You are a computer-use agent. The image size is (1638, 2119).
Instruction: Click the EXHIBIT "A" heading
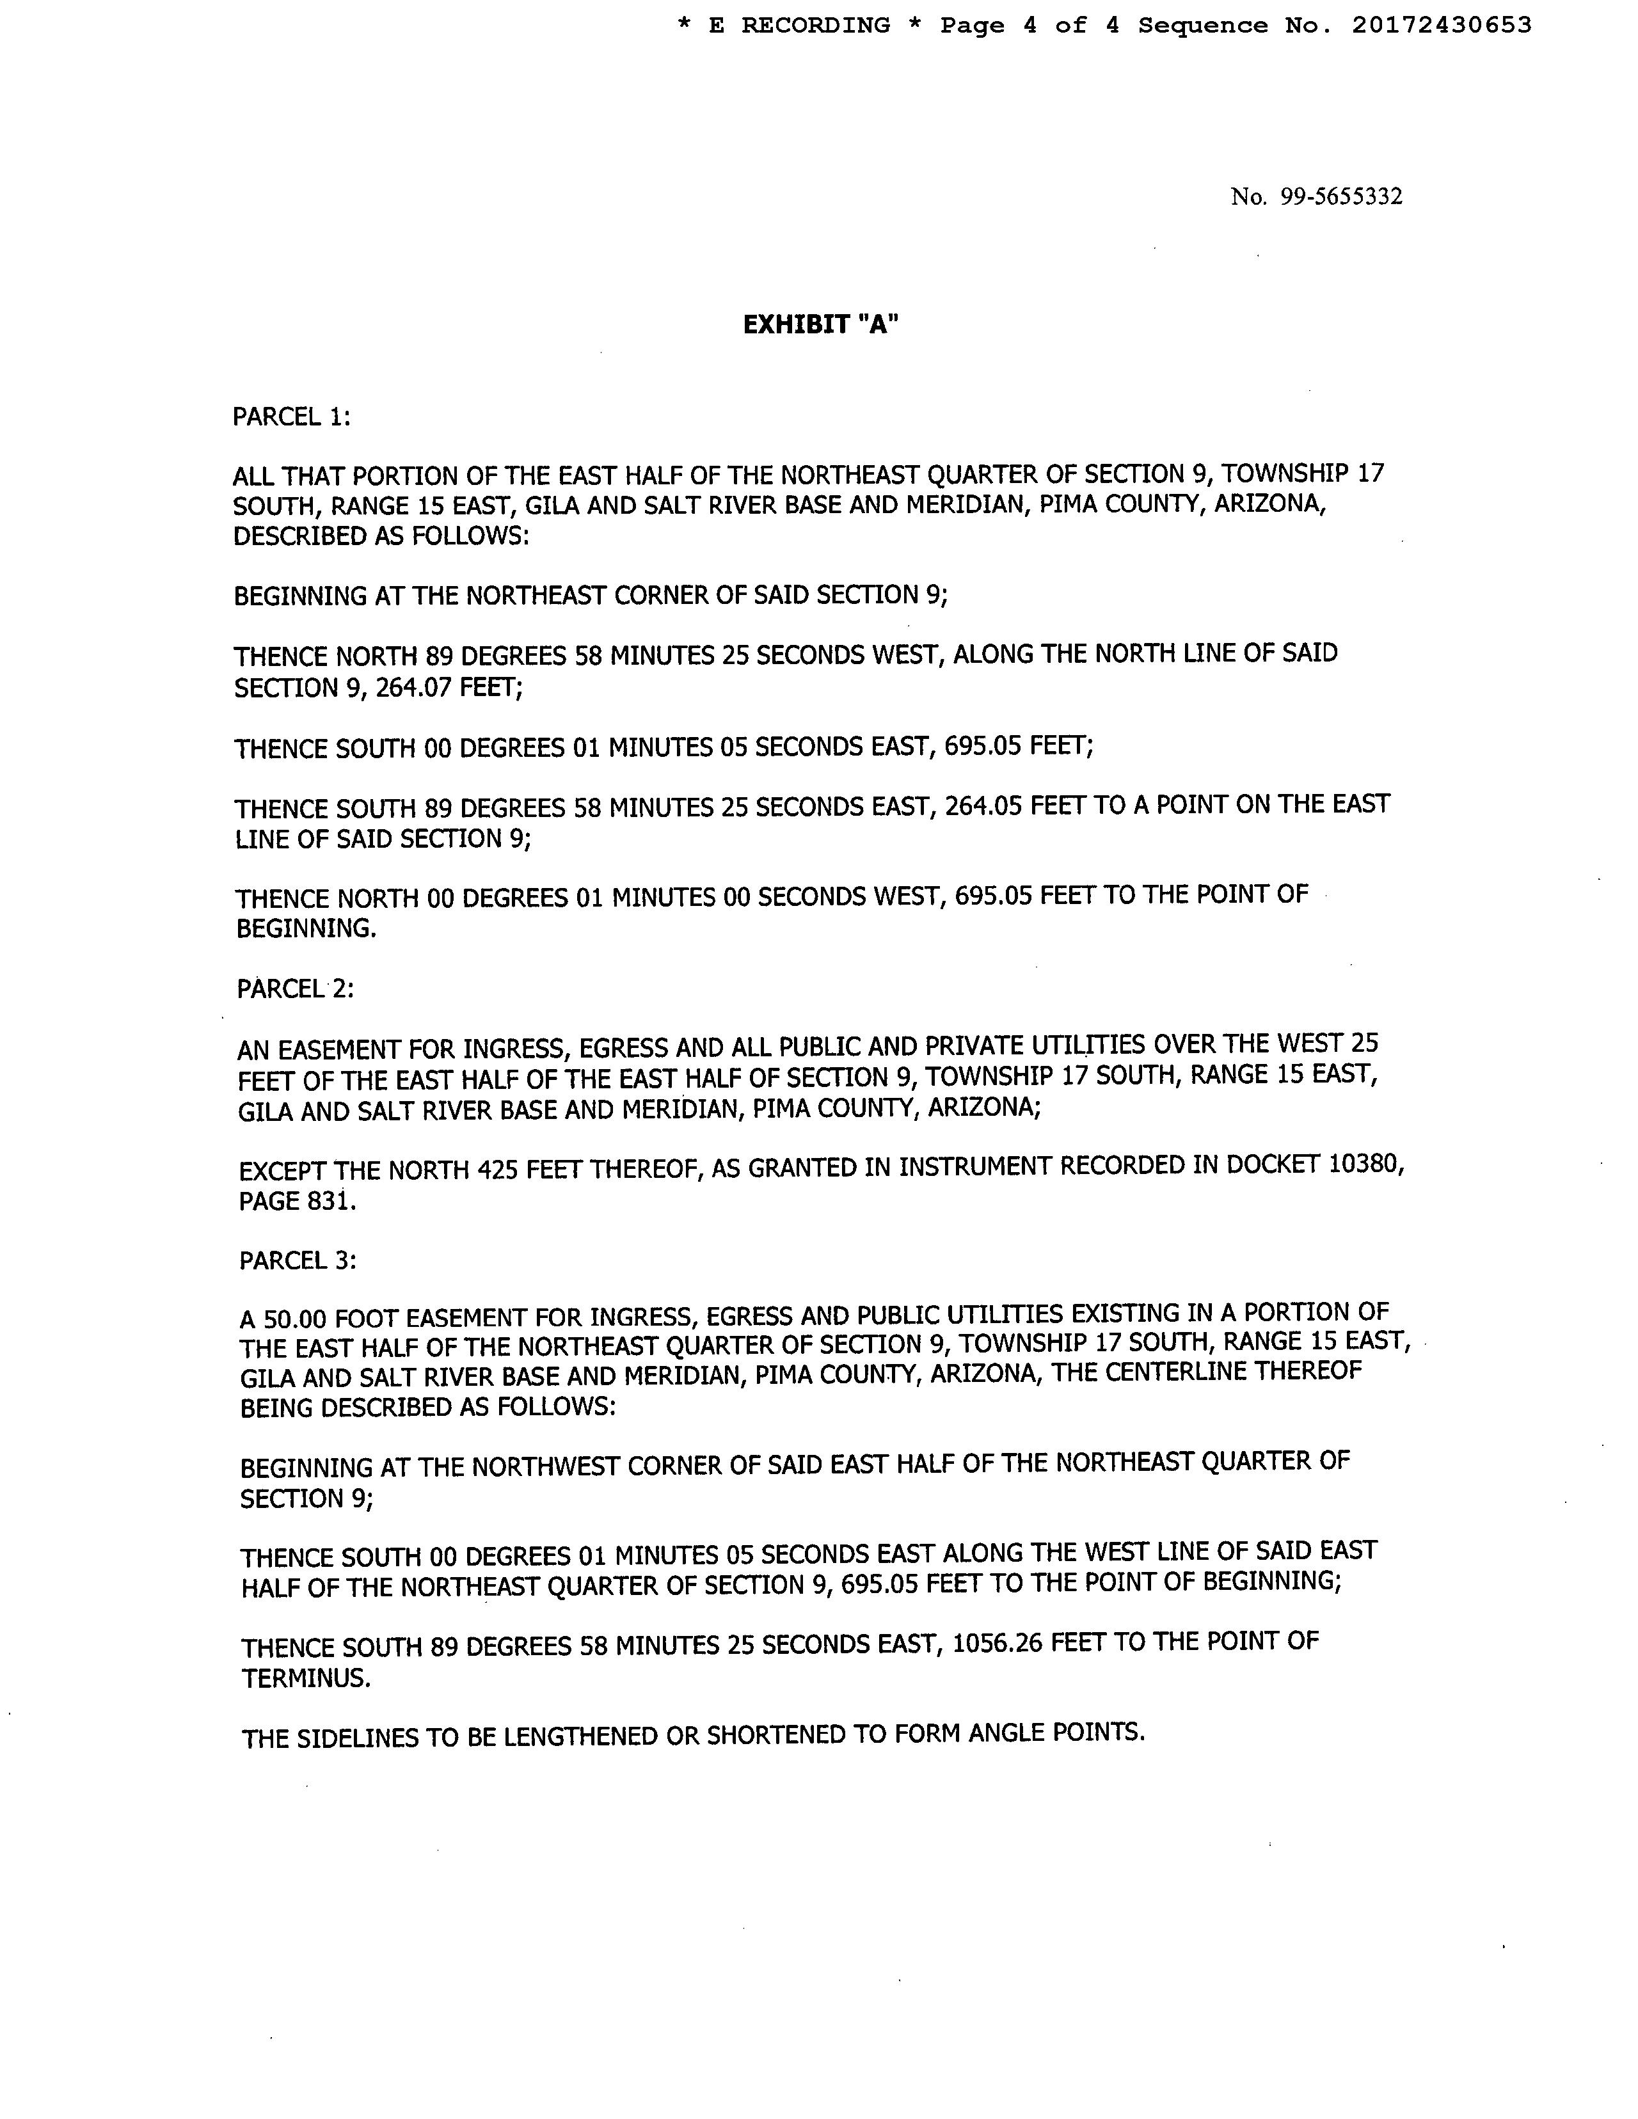point(821,325)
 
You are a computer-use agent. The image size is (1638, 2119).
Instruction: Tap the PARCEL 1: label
point(291,417)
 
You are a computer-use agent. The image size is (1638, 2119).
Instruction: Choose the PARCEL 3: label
point(297,1260)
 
